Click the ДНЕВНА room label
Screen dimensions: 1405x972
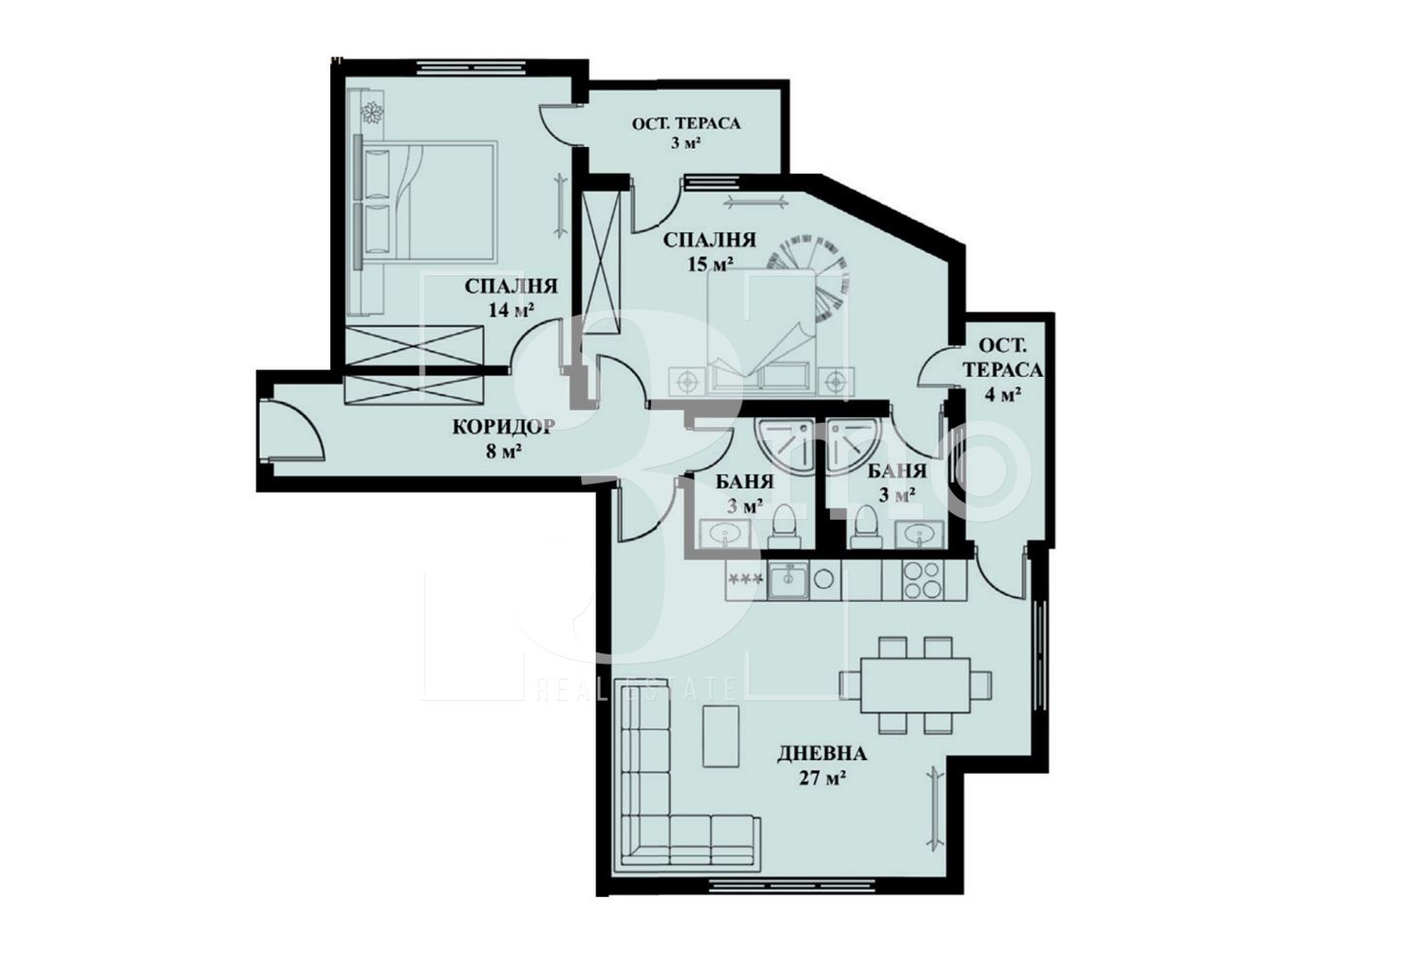[822, 753]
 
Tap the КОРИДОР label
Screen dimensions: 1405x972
[503, 427]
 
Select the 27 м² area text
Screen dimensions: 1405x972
[822, 779]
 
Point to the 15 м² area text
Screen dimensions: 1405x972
[710, 264]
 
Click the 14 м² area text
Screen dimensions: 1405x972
[511, 310]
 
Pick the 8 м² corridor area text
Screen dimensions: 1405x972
[504, 451]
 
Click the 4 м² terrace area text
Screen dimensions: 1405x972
[1002, 394]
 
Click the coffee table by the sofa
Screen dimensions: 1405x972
[721, 735]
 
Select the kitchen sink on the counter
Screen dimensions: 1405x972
[788, 580]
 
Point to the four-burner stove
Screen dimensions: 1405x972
[922, 580]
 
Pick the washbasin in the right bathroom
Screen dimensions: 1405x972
[919, 534]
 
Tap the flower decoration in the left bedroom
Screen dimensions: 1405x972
[371, 113]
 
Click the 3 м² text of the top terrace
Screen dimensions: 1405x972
[686, 143]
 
